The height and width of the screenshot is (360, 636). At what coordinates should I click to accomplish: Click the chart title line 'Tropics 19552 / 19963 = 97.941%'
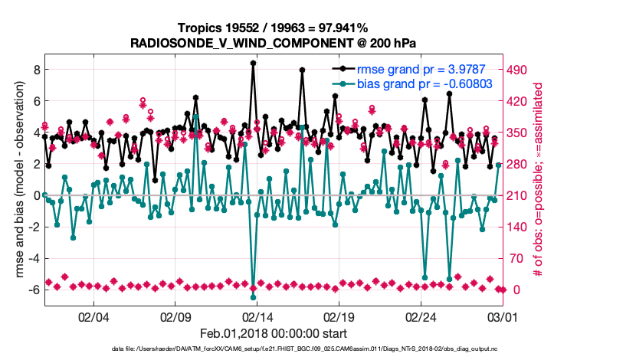tap(273, 28)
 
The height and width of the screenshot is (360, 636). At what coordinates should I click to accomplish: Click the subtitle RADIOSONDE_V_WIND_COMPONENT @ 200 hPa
tap(273, 43)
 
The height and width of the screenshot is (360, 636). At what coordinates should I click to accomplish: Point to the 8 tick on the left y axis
tap(34, 69)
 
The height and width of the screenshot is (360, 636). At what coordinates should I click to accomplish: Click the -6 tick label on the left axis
tap(32, 290)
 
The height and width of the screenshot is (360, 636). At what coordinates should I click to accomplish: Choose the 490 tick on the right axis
tap(518, 70)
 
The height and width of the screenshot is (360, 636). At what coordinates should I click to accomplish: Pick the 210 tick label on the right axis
tap(518, 195)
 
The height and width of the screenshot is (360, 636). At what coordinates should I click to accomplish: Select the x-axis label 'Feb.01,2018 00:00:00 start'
tap(273, 333)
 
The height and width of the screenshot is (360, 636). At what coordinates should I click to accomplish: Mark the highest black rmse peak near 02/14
tap(253, 64)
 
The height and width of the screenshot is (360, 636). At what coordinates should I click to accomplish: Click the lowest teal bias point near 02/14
tap(253, 297)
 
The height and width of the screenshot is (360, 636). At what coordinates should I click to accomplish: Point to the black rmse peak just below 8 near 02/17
tap(303, 70)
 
